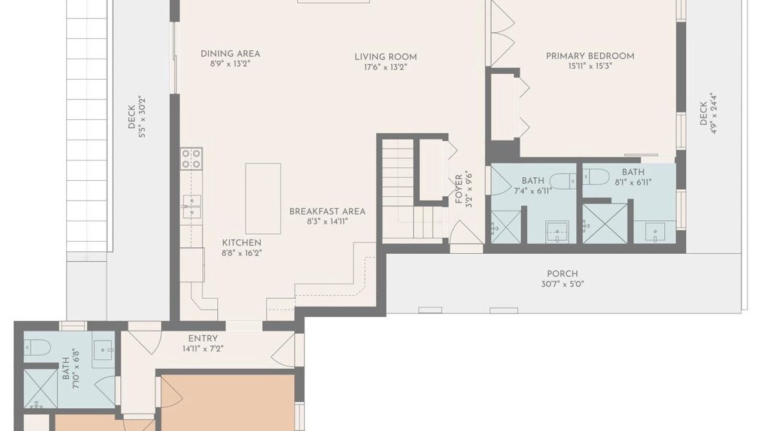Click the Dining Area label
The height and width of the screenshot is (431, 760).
(230, 54)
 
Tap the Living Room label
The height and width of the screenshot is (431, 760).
(386, 57)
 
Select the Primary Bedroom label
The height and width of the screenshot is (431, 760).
(590, 56)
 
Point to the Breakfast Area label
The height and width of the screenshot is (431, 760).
(327, 211)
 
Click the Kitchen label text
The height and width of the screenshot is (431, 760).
(242, 243)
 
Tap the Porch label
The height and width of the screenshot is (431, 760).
(562, 274)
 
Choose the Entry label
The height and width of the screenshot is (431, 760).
(203, 338)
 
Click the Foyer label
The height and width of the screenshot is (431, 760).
(459, 189)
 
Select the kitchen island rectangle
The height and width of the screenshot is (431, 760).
(263, 199)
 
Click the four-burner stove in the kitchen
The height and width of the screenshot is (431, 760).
(191, 159)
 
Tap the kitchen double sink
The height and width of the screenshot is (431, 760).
(191, 207)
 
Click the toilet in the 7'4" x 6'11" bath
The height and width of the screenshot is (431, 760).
(563, 181)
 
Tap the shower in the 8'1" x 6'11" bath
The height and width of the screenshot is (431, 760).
(605, 223)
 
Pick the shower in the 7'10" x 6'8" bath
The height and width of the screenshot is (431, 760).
(41, 388)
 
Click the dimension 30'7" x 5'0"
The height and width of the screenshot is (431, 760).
(563, 284)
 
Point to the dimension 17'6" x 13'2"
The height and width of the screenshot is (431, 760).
(385, 67)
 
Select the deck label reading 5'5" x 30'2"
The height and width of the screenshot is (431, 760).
(142, 116)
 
